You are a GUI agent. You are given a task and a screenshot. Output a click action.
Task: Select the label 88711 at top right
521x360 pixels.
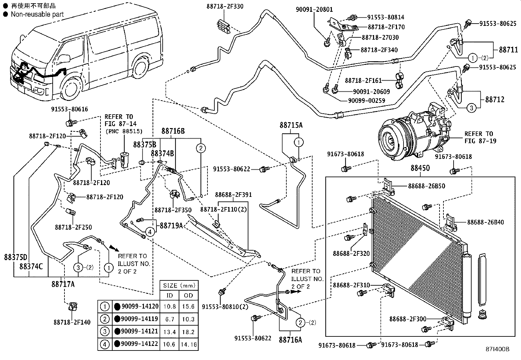(508, 50)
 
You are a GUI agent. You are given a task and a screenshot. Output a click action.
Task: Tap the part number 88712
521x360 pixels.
(494, 99)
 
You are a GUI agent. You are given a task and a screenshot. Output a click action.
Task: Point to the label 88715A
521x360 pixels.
(291, 125)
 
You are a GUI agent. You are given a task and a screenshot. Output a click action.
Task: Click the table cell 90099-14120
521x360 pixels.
(140, 306)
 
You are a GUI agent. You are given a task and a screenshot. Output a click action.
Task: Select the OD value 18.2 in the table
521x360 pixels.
(188, 332)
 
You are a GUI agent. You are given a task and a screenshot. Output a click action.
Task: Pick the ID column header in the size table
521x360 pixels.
(170, 295)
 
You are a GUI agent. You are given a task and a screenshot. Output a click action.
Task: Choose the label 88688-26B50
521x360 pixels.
(426, 186)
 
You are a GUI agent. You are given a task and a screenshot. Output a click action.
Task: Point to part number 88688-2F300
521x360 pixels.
(407, 318)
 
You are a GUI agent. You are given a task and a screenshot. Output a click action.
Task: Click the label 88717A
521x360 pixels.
(63, 284)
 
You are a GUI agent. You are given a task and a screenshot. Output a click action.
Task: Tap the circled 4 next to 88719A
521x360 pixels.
(150, 232)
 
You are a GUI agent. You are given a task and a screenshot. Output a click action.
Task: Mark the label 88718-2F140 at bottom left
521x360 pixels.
(72, 322)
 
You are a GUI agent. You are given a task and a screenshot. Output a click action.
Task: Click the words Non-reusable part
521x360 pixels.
(37, 14)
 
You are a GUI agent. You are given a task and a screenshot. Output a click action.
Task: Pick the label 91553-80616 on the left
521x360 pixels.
(69, 109)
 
